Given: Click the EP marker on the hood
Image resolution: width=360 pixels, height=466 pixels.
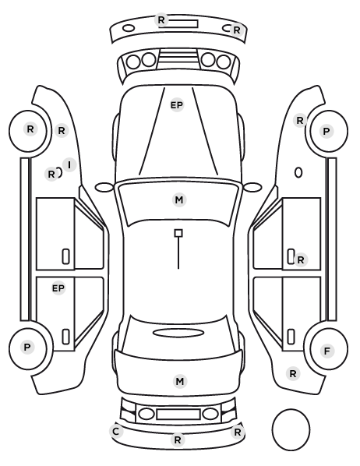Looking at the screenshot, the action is point(177,105).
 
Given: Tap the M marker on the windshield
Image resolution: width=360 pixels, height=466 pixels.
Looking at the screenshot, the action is point(179,200).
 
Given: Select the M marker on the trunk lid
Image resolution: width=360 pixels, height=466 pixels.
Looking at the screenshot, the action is point(180,381).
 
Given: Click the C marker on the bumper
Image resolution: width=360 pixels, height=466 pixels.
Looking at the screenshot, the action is point(116,431).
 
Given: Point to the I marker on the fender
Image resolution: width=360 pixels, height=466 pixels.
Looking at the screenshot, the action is point(69,164).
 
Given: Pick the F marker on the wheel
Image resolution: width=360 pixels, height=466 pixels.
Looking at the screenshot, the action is point(327,351).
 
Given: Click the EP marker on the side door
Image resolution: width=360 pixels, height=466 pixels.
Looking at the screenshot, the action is point(58,288).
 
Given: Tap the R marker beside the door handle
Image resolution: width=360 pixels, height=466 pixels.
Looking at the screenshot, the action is point(301,260).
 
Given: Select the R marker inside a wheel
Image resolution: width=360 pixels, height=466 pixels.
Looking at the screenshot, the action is point(30,129).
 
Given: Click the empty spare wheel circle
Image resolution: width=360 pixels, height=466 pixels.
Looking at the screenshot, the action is point(291,429).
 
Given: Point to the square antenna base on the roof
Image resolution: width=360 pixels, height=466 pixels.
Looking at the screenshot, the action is point(178,233).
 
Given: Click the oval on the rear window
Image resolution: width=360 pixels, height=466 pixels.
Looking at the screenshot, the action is point(178,334).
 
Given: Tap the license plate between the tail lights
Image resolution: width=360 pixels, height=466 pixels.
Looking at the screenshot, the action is point(178,415).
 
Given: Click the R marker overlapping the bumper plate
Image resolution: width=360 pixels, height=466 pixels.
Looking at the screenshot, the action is point(161,20).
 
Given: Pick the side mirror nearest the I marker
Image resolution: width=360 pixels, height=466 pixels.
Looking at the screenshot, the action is point(104,188).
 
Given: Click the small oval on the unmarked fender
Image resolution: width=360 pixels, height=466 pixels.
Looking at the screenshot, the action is point(298,173).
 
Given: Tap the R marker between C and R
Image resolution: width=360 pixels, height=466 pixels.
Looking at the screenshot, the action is point(178,440).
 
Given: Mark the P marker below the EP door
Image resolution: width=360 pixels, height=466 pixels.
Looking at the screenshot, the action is point(27,347).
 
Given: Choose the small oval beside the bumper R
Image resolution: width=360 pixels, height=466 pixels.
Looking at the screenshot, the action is point(129,29).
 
